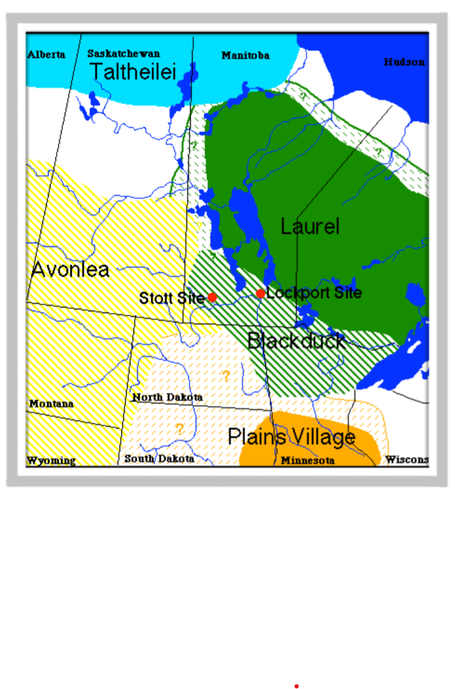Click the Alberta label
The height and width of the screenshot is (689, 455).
46,55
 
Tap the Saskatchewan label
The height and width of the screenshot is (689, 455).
123,54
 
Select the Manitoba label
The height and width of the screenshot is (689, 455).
246,56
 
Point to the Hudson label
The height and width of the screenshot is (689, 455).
405,62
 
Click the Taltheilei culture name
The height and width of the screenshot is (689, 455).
133,72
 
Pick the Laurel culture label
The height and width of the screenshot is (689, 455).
310,226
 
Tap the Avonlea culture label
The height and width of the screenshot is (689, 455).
70,270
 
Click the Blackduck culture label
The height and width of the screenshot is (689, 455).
296,341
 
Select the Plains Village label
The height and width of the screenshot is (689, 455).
291,437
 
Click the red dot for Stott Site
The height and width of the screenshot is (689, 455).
212,297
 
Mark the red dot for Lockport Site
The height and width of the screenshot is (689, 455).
261,293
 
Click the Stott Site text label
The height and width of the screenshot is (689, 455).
171,298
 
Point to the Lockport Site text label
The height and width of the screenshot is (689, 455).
314,293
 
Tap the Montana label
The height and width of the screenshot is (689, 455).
51,404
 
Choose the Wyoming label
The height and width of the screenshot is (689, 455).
51,461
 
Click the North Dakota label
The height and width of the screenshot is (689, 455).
167,398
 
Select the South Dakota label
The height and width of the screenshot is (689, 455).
159,459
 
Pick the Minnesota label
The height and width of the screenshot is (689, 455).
307,461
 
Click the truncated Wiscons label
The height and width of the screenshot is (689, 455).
406,460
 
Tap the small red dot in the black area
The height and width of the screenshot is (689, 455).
297,687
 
